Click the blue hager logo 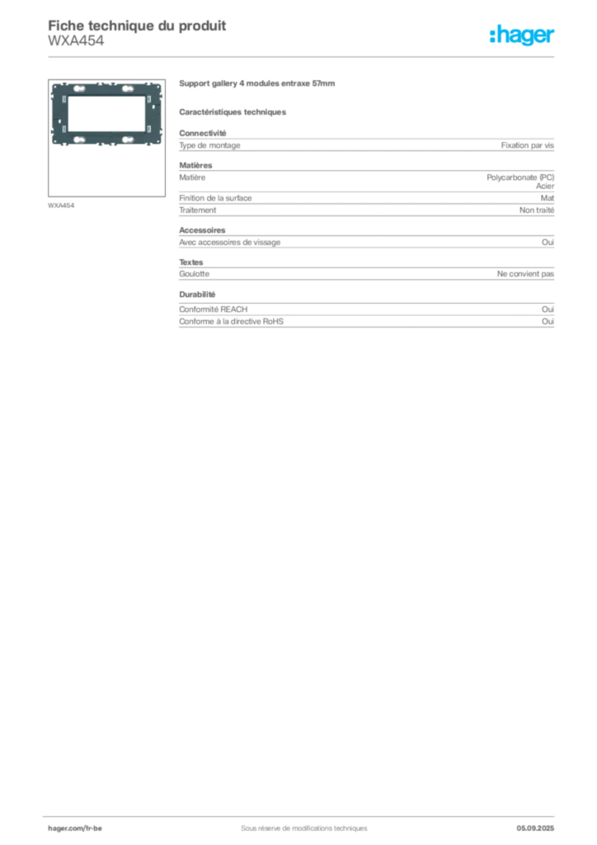coord(523,35)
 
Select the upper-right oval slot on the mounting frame coord(129,88)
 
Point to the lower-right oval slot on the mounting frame coord(129,139)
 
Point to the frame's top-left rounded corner coord(54,84)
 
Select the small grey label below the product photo coord(63,204)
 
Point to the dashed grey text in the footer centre coord(297,822)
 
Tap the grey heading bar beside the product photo coord(256,85)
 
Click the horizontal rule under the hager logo coord(303,56)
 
